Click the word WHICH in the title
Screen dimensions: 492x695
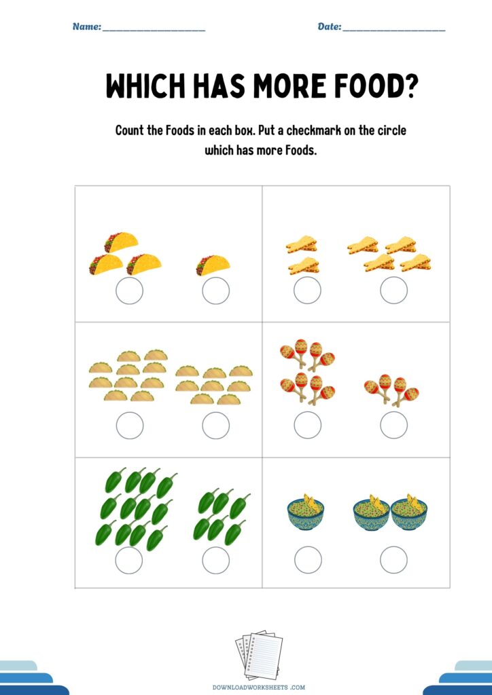(145, 86)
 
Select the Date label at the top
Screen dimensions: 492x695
(330, 26)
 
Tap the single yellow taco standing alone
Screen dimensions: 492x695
(213, 265)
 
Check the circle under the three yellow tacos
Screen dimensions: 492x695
(130, 290)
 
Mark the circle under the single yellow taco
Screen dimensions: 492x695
(215, 290)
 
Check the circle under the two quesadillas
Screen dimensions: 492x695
(307, 290)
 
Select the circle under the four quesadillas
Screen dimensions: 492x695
(394, 290)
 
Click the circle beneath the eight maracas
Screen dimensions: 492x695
(307, 425)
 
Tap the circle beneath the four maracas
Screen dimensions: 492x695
(394, 425)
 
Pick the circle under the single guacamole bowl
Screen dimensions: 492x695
(308, 560)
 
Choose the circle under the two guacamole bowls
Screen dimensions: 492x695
(394, 560)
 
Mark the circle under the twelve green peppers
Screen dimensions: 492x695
(129, 560)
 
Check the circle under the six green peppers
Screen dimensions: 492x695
(215, 560)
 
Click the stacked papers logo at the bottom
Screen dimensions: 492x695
(259, 654)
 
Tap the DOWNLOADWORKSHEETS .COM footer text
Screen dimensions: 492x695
(259, 688)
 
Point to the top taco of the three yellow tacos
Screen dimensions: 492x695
(121, 242)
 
